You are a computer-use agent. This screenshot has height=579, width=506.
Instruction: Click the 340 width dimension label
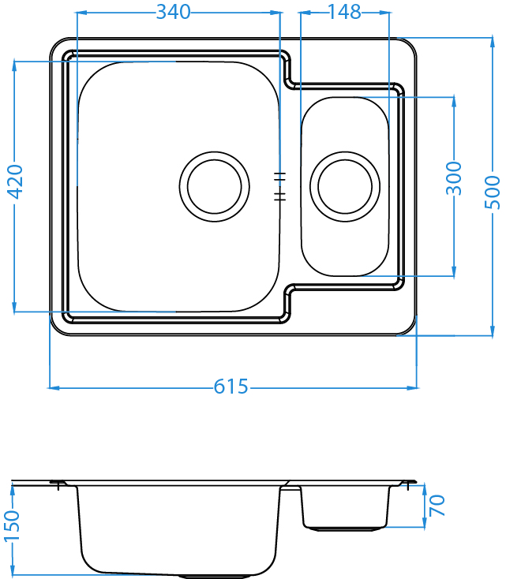point(174,12)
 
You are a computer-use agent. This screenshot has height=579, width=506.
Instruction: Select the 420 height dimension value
point(15,184)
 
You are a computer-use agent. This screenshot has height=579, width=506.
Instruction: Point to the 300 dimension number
point(454,180)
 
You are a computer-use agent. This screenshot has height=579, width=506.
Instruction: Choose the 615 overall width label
point(231,387)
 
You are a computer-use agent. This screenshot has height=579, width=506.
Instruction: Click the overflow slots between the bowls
point(278,185)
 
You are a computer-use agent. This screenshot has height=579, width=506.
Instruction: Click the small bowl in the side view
point(345,506)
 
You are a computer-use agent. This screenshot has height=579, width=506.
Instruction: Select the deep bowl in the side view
point(179,529)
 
